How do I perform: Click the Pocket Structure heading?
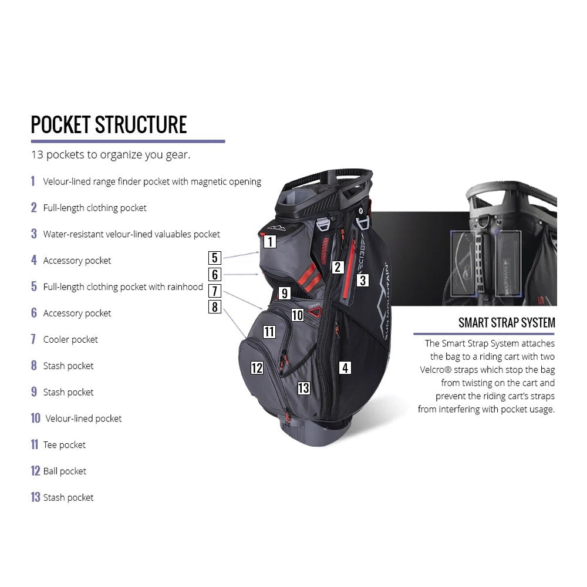[109, 124]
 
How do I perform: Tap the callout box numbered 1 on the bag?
[269, 241]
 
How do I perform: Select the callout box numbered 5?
[215, 257]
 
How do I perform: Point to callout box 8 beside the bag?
[215, 306]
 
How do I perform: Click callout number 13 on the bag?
[303, 387]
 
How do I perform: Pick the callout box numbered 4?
[345, 368]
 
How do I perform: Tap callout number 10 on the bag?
[298, 315]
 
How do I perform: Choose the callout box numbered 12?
[257, 368]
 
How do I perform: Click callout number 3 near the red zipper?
[363, 281]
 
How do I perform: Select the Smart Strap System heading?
[507, 323]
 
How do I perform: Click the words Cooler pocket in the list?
[70, 339]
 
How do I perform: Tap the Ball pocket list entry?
[65, 471]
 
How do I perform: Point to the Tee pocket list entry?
[65, 445]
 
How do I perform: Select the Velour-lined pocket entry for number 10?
[83, 419]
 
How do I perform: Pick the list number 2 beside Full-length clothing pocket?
[34, 208]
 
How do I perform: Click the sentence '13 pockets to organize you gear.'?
[110, 156]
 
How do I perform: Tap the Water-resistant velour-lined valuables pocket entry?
[131, 234]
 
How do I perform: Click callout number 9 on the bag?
[285, 293]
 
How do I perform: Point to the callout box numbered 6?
[215, 274]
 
